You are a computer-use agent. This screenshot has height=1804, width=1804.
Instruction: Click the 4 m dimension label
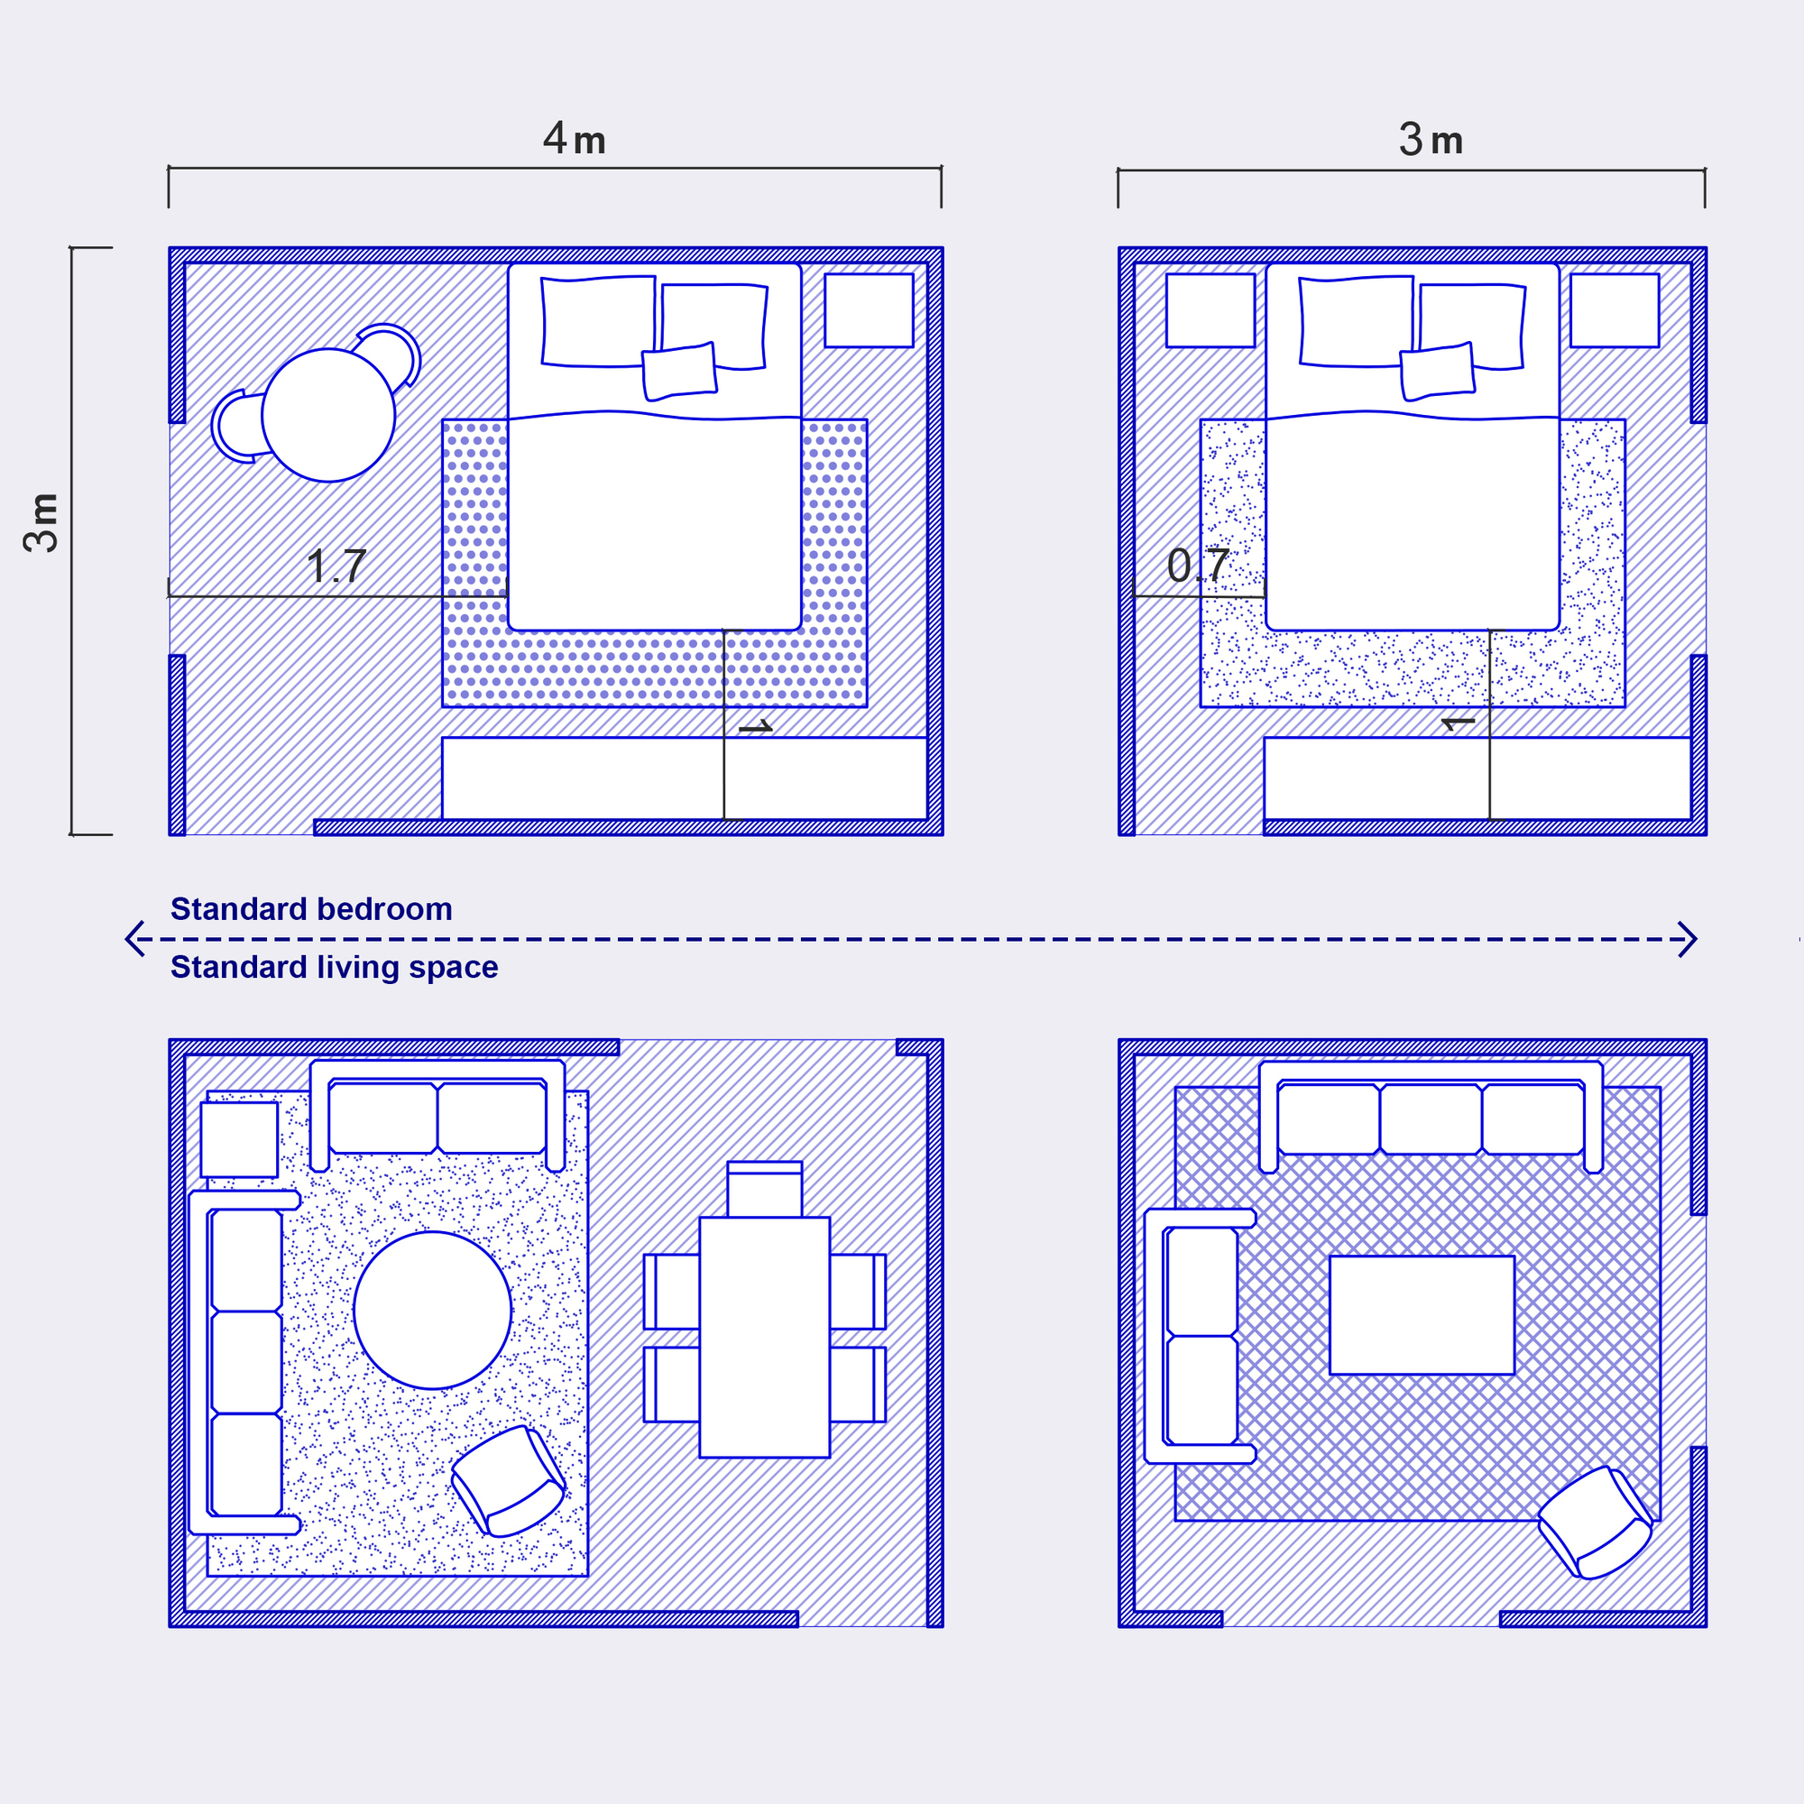tap(575, 139)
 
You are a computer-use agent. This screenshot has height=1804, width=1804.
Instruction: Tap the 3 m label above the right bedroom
tap(1431, 140)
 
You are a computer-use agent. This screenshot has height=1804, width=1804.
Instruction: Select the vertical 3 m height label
tap(42, 523)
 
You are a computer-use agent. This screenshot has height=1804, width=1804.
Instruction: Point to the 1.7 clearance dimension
tap(336, 566)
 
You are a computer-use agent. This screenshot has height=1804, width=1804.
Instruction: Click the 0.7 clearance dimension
tap(1198, 566)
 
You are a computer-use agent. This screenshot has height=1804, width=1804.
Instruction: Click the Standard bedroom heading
tap(311, 908)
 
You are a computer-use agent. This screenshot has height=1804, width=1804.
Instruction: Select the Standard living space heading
tap(335, 967)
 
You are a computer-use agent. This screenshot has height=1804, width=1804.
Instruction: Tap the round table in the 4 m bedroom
tap(327, 415)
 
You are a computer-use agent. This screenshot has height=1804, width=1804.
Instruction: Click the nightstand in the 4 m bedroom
tap(869, 310)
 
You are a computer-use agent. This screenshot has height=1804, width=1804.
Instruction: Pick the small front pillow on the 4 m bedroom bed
tap(679, 372)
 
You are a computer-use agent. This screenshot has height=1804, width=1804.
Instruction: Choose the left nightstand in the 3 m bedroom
tap(1210, 310)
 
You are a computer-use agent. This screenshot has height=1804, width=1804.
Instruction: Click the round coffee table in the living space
tap(432, 1310)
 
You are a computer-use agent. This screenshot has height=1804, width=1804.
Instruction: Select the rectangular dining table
tap(765, 1337)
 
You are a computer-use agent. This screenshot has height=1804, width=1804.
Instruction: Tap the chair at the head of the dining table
tap(765, 1189)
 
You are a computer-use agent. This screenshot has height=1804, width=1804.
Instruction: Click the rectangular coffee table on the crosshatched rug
tap(1422, 1315)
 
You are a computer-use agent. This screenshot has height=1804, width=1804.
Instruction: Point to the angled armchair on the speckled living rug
tap(509, 1481)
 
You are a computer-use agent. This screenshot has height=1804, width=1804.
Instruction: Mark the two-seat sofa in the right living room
tap(1201, 1336)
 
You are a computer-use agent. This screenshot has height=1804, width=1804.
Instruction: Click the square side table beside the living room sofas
tap(239, 1139)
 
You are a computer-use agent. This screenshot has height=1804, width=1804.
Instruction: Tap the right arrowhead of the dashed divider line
tap(1689, 939)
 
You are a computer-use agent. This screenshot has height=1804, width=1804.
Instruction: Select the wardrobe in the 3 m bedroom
tap(1477, 778)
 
